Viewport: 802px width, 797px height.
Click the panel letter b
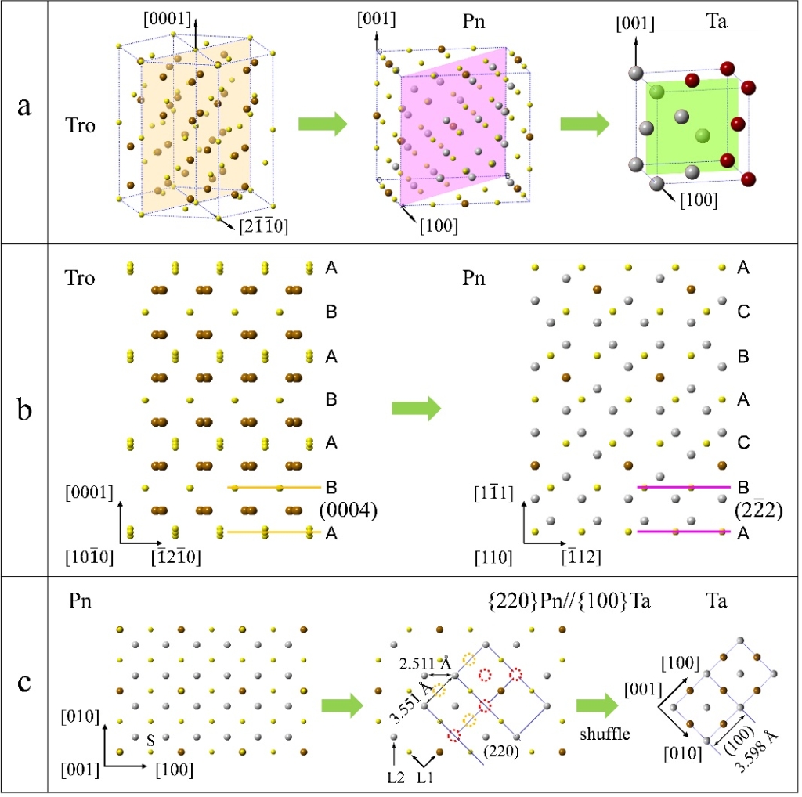pos(24,409)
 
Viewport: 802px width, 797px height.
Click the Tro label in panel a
pos(81,126)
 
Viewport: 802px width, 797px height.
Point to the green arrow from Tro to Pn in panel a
pos(322,124)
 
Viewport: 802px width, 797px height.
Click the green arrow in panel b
pos(414,409)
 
